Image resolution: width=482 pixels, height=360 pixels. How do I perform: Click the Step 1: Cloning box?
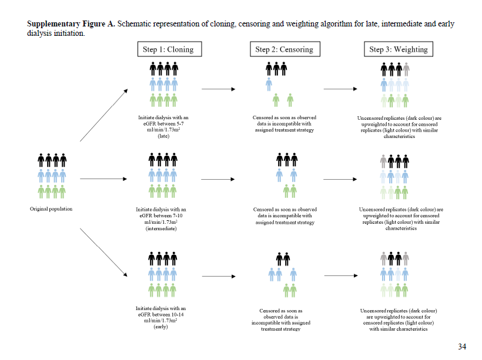click(x=168, y=49)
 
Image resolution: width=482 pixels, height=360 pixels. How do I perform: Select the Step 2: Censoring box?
click(x=280, y=49)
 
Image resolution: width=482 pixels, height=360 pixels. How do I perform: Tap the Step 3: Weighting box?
click(x=398, y=49)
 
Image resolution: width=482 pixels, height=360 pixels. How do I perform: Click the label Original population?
click(x=51, y=209)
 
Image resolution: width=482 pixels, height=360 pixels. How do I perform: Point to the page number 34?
click(x=461, y=346)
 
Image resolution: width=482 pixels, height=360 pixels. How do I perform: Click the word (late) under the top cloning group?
click(x=163, y=136)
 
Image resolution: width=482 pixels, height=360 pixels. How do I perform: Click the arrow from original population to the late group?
click(x=103, y=115)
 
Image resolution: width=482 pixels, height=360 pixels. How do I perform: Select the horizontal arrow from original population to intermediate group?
click(x=103, y=178)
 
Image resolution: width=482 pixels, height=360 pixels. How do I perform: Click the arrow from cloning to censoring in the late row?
click(x=218, y=89)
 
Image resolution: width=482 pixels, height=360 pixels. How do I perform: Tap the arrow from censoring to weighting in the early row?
click(x=340, y=275)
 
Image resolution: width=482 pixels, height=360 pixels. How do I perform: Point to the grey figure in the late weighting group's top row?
click(x=406, y=69)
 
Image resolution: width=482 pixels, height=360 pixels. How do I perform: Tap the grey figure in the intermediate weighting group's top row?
click(x=384, y=160)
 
